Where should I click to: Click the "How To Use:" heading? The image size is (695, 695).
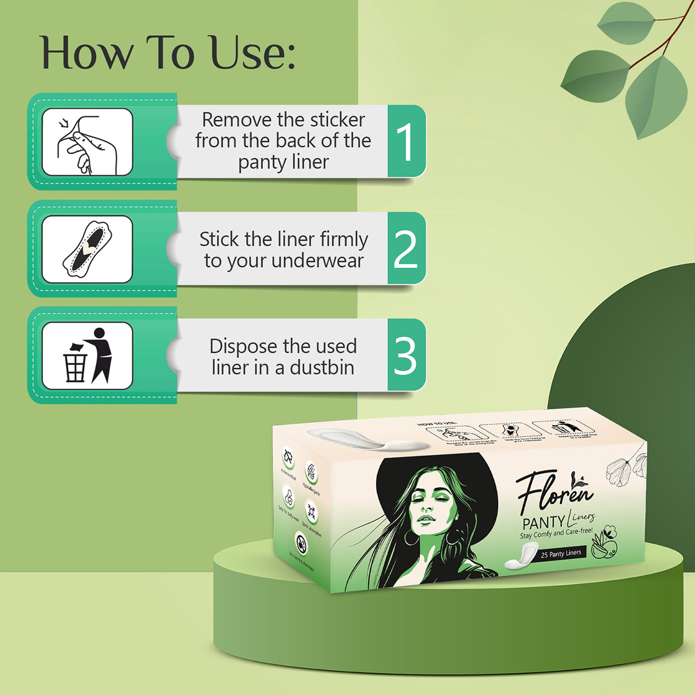click(x=168, y=53)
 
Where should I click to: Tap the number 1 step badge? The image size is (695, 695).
click(x=406, y=142)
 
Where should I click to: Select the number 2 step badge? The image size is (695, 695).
click(x=406, y=249)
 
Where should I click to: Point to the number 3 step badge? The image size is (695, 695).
click(x=406, y=356)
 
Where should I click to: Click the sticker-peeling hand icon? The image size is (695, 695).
click(x=87, y=142)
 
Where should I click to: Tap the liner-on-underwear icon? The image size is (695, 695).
click(x=87, y=250)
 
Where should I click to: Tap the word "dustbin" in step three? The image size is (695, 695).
click(x=322, y=368)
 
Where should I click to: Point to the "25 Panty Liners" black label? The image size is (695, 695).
click(x=561, y=554)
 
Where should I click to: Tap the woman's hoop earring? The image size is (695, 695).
click(x=411, y=538)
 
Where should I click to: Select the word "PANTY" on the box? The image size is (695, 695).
click(x=543, y=522)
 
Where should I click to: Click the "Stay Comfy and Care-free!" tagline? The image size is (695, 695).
click(x=556, y=533)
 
